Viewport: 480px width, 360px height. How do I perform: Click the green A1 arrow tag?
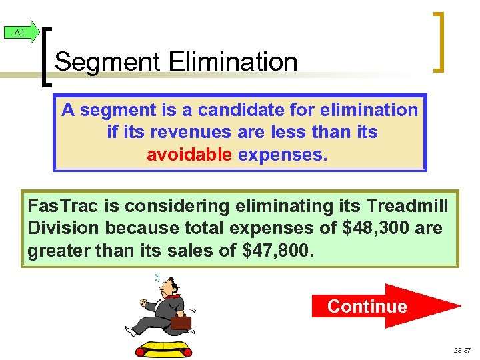tap(21, 32)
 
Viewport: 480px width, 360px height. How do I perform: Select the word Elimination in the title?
tap(233, 62)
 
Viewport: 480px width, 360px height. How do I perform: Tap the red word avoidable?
tap(189, 155)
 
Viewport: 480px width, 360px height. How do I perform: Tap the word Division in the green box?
tap(61, 228)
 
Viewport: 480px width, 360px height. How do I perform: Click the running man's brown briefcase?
tap(181, 323)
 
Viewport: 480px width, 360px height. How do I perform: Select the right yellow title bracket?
tap(438, 41)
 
